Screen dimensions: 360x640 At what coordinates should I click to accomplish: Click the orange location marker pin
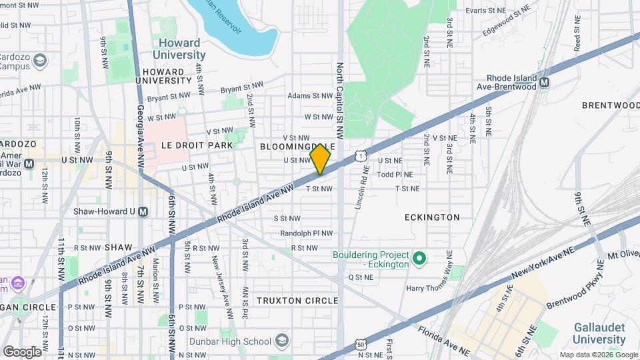320,159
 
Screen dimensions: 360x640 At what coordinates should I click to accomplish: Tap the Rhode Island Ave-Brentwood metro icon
545,83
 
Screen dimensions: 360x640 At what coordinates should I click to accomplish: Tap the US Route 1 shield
361,155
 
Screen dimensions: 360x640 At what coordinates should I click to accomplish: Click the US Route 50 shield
361,344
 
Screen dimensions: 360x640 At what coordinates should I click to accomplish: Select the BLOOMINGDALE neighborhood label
297,146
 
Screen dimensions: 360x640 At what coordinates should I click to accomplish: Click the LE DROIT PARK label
196,145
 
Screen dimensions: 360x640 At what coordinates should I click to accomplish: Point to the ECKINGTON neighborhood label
432,217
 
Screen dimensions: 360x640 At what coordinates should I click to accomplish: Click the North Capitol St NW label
339,101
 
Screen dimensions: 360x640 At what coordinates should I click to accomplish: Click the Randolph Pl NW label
306,233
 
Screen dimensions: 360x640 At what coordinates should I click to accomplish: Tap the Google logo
21,351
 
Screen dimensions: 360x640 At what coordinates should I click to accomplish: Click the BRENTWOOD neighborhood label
610,105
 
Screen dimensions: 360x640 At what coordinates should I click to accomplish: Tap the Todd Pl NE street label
395,174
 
